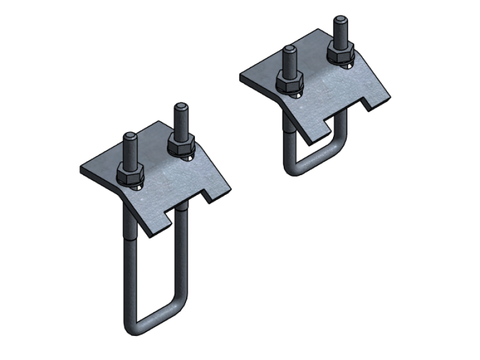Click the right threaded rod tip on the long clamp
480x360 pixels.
(179, 109)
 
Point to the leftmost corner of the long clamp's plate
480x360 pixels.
(80, 169)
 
